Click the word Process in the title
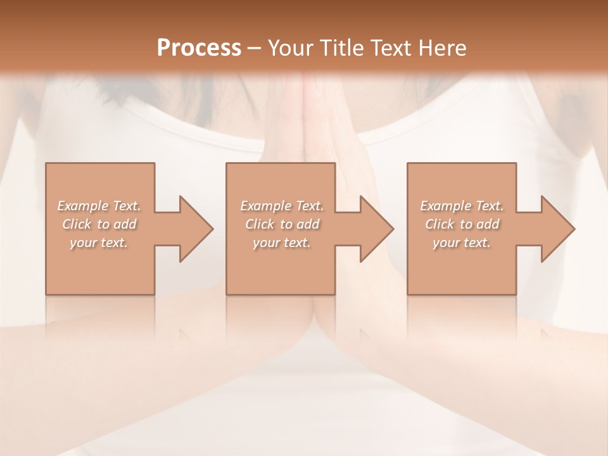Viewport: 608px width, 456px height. (x=199, y=47)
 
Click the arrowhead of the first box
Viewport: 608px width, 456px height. (x=193, y=229)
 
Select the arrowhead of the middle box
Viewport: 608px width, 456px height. (x=374, y=229)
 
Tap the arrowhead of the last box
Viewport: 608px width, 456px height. (x=555, y=229)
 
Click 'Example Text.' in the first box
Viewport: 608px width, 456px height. (x=99, y=206)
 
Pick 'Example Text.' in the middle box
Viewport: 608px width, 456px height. (x=282, y=206)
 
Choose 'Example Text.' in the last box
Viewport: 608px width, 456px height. (x=462, y=206)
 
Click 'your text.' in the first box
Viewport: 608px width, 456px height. (x=99, y=243)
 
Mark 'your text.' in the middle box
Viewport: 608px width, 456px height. (x=282, y=243)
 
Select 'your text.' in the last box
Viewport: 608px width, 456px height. (x=462, y=243)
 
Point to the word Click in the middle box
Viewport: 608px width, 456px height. (x=260, y=224)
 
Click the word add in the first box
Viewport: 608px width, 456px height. (x=125, y=224)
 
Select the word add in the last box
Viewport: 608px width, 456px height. (x=488, y=224)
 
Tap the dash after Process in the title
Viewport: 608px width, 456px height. (x=255, y=48)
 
